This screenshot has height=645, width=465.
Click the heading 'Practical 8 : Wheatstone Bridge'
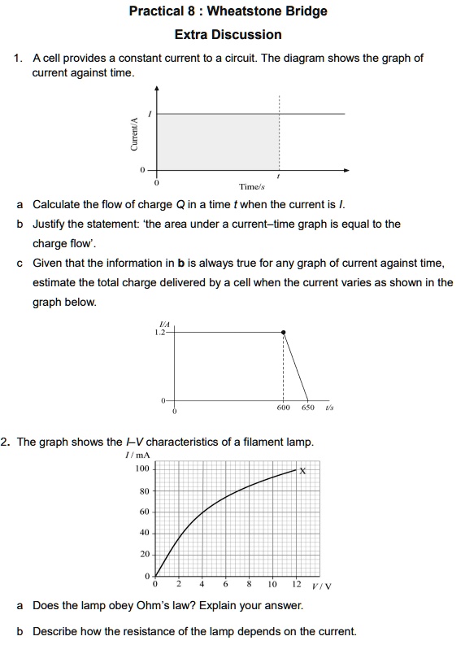tap(228, 11)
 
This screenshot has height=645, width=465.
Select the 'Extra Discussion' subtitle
tap(228, 34)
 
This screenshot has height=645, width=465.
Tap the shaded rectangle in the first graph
tap(217, 142)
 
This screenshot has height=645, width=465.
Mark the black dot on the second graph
tap(283, 332)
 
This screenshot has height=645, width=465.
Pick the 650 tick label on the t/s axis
tap(308, 407)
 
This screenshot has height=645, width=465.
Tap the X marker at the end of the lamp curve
tap(302, 470)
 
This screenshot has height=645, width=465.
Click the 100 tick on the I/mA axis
tap(142, 469)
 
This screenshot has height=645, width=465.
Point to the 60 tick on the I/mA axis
tap(145, 512)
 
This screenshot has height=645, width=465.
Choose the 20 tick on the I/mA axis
tap(145, 554)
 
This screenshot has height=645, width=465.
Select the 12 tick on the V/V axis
tap(295, 585)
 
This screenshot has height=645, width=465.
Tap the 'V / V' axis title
tap(323, 586)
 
